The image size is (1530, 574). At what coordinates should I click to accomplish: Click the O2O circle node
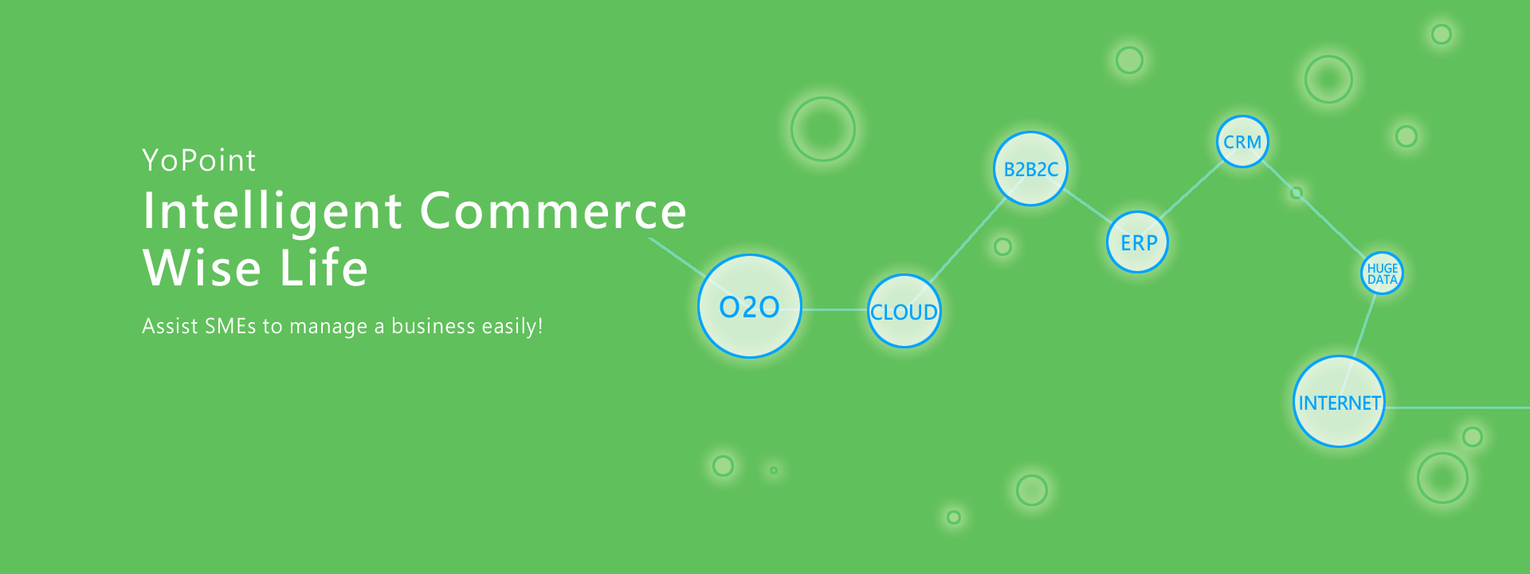[749, 306]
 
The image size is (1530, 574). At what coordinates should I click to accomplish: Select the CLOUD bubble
[904, 311]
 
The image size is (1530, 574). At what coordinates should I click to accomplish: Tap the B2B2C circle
[1030, 168]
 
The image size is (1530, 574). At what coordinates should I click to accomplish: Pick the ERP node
[1138, 242]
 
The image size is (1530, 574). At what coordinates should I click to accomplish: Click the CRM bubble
[1242, 142]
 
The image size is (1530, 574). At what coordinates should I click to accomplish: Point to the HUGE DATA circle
[1382, 273]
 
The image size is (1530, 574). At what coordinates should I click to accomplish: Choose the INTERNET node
[1339, 402]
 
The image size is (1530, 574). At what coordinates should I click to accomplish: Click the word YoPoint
[199, 160]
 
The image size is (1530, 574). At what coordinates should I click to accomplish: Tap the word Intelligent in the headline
[273, 211]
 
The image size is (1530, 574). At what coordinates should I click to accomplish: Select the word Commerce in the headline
[553, 211]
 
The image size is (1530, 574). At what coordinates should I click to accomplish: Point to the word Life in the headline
[324, 267]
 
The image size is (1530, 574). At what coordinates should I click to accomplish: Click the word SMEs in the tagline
[230, 326]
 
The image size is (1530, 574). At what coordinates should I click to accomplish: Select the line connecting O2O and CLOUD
[834, 309]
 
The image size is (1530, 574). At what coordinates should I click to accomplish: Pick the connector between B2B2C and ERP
[1088, 206]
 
